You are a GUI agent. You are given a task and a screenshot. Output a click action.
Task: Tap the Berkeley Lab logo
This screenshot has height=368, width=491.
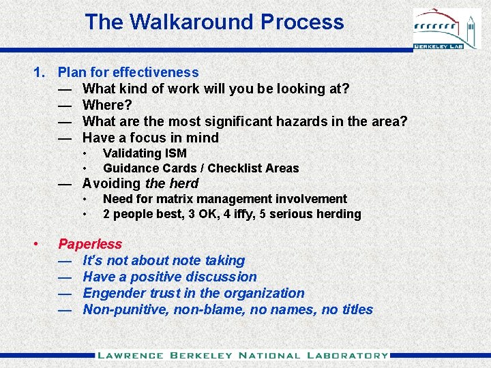[x=447, y=29]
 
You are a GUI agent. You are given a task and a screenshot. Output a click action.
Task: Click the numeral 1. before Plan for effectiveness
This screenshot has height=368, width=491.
[x=40, y=72]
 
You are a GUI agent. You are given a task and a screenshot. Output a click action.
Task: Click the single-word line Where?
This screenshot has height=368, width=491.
[x=107, y=105]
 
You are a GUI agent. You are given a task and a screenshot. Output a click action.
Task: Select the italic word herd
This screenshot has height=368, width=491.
[x=183, y=183]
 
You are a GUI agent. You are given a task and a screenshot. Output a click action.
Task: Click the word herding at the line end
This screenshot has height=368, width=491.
[x=339, y=214]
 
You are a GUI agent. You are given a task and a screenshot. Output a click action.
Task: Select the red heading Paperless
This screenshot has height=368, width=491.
[x=90, y=244]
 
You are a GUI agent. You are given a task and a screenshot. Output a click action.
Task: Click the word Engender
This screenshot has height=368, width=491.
[x=113, y=293]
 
